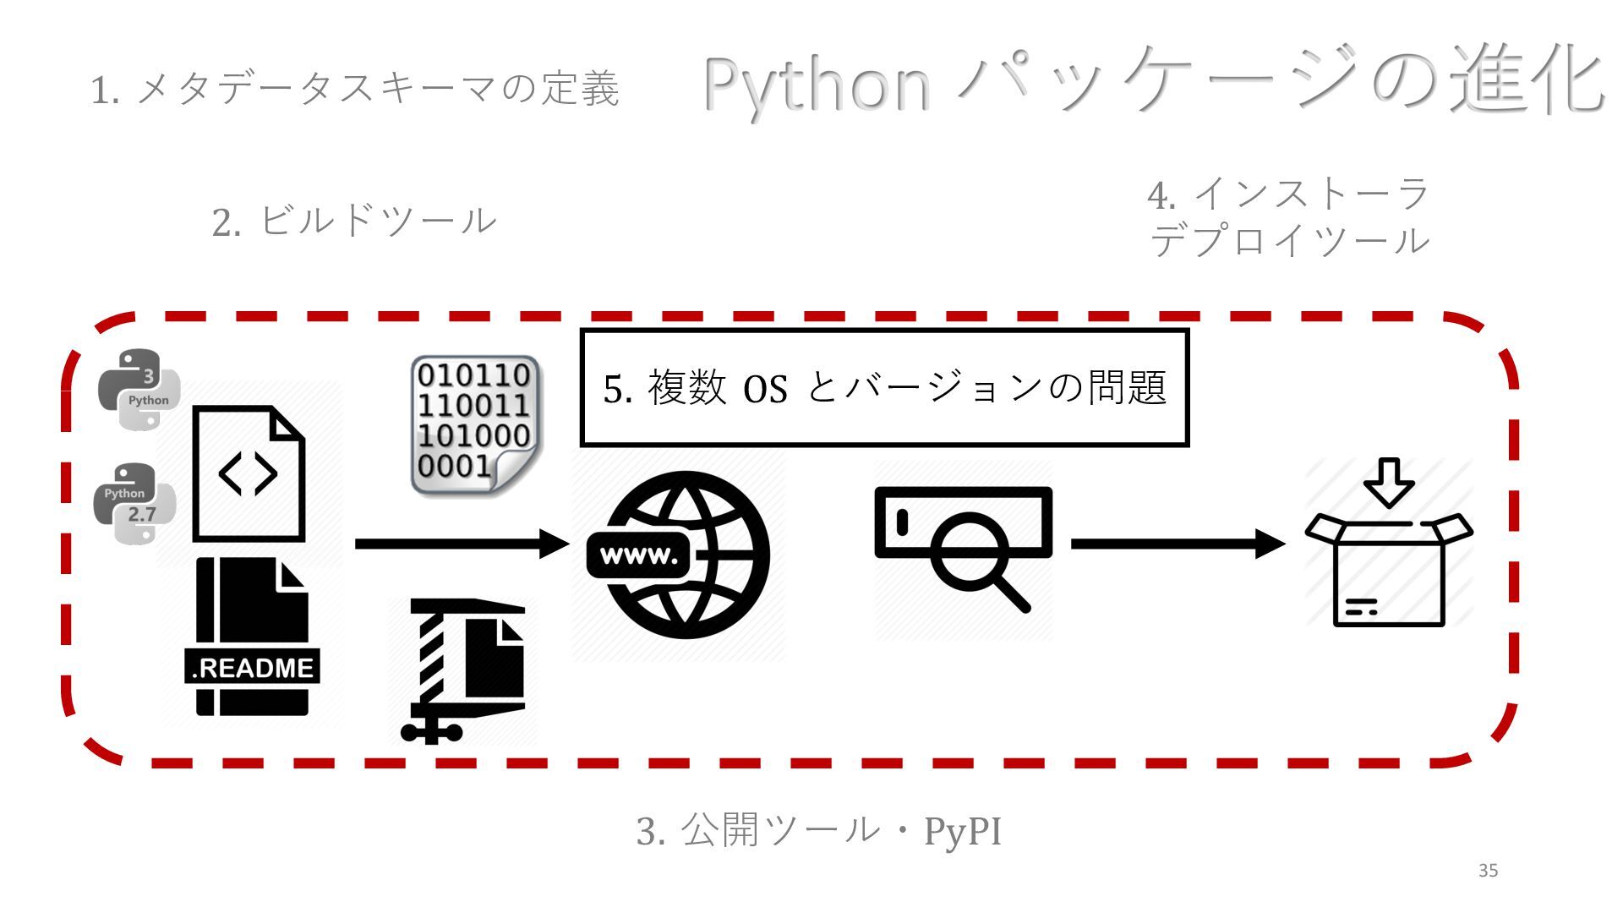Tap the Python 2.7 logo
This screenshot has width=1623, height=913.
134,504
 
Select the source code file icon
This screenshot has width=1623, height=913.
249,473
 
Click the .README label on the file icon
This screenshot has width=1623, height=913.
252,668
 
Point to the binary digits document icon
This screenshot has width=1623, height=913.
475,425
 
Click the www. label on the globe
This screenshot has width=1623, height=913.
639,556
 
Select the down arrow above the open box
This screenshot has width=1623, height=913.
1388,482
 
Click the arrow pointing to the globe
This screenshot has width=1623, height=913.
462,544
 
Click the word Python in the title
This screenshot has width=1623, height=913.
817,85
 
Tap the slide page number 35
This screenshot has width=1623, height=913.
1488,871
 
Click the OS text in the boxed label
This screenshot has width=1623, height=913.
765,389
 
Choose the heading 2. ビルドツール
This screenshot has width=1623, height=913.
353,221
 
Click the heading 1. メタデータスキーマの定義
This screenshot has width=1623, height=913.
355,90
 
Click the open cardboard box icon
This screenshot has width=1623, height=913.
1388,566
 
